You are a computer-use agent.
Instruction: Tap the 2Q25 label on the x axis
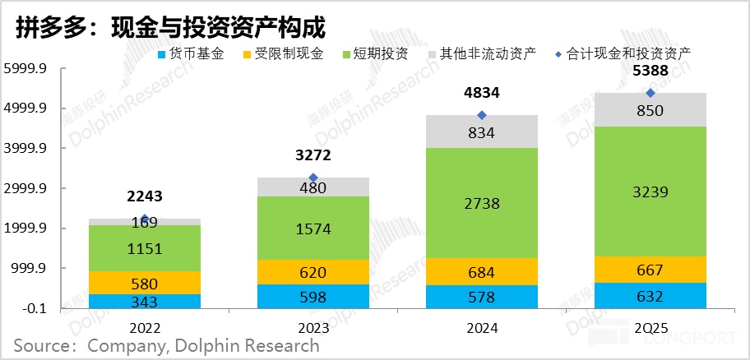[x=650, y=326]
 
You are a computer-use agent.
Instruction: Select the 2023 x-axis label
[x=313, y=326]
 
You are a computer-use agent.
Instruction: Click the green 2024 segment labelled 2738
[x=482, y=203]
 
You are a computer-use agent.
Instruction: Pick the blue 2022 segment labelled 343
[x=145, y=301]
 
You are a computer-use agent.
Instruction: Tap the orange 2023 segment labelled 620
[x=313, y=272]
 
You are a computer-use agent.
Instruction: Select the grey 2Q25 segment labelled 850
[x=650, y=110]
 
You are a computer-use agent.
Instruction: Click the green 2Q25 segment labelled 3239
[x=650, y=192]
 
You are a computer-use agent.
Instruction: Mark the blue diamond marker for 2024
[x=482, y=115]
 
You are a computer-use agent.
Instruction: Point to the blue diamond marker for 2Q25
[x=650, y=93]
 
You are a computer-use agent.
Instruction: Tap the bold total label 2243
[x=145, y=196]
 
